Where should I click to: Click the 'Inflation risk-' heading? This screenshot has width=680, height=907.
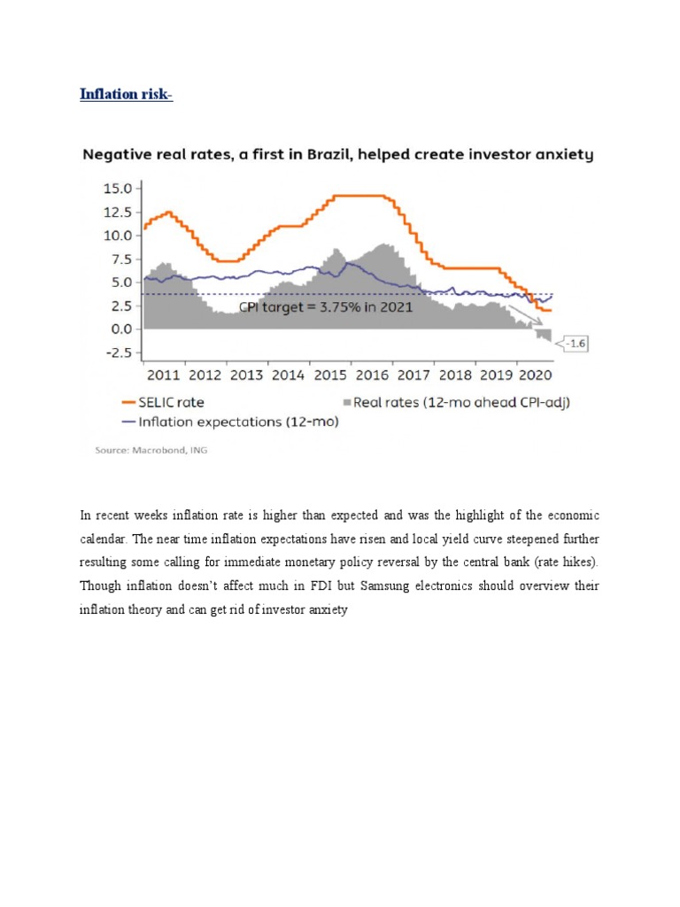[x=126, y=94]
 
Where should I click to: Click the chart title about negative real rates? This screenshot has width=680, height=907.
[x=337, y=155]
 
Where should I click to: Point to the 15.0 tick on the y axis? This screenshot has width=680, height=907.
[x=118, y=189]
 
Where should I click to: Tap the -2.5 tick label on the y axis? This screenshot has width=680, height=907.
[x=117, y=353]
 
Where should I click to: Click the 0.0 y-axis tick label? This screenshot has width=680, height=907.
[x=120, y=329]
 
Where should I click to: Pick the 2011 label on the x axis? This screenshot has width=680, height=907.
[x=164, y=375]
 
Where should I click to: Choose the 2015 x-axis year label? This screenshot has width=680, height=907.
[x=329, y=375]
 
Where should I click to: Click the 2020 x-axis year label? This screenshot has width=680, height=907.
[x=537, y=375]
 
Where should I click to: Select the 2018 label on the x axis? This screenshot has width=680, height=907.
[x=454, y=375]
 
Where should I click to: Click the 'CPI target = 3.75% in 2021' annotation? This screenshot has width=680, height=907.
[x=325, y=307]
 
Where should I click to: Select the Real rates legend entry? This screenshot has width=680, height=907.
[x=454, y=402]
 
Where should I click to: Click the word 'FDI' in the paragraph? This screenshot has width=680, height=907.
[x=307, y=585]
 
